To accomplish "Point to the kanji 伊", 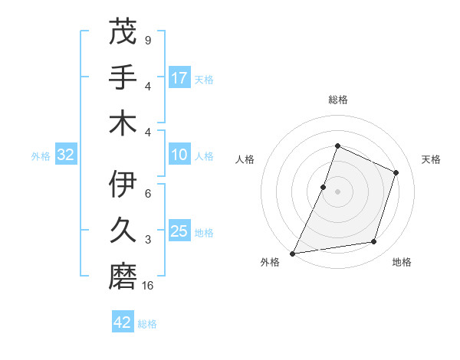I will (x=123, y=185).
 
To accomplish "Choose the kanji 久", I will (x=123, y=229).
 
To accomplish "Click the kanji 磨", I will (x=123, y=274).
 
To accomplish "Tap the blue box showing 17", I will (x=179, y=78).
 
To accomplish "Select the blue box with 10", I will (x=179, y=155).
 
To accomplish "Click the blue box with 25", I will (x=179, y=231).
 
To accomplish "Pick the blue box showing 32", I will (x=66, y=155).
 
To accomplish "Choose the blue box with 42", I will (x=123, y=322).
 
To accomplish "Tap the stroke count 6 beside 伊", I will (x=147, y=194).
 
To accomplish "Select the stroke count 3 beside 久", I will (x=147, y=240).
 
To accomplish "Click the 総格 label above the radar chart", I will (x=337, y=100).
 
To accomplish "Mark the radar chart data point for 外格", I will (x=292, y=253).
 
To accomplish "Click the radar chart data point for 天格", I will (x=396, y=172).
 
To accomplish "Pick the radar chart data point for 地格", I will (x=374, y=242).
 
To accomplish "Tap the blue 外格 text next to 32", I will (x=41, y=156).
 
